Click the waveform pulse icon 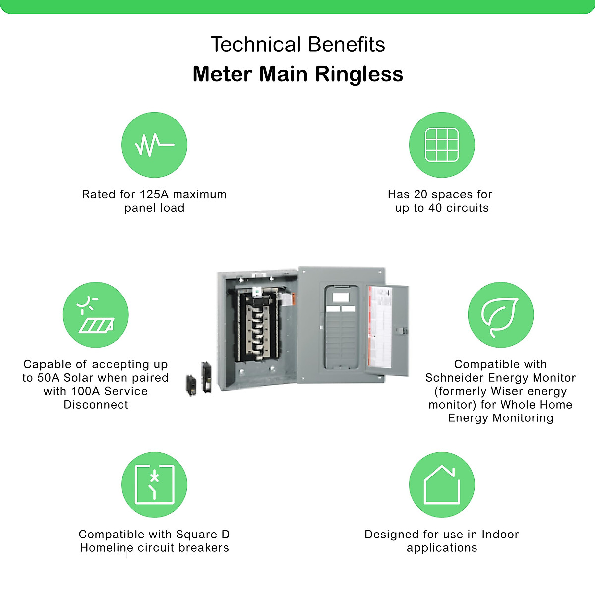pyautogui.click(x=154, y=144)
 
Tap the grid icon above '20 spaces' pyautogui.click(x=442, y=144)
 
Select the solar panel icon pyautogui.click(x=96, y=315)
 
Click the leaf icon pyautogui.click(x=500, y=315)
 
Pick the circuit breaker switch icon pyautogui.click(x=154, y=484)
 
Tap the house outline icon pyautogui.click(x=442, y=484)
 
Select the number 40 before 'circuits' pyautogui.click(x=435, y=208)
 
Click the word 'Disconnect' pyautogui.click(x=96, y=405)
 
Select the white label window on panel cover pyautogui.click(x=341, y=297)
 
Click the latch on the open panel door pyautogui.click(x=405, y=330)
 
